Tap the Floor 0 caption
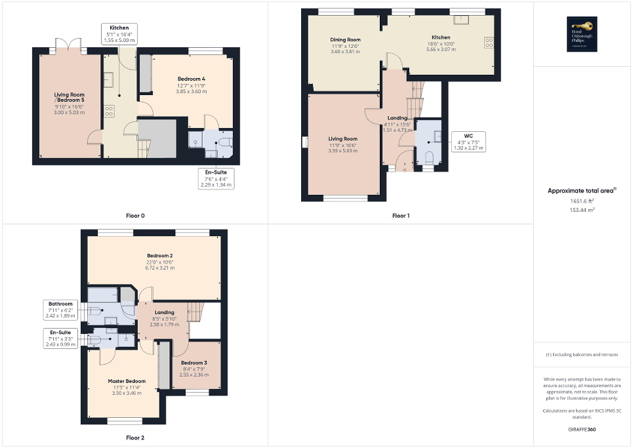click(x=135, y=216)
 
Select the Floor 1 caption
click(x=401, y=216)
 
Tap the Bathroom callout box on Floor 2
click(x=60, y=309)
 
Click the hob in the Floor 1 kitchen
click(x=489, y=43)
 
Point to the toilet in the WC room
click(x=429, y=157)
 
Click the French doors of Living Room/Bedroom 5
click(x=68, y=46)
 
